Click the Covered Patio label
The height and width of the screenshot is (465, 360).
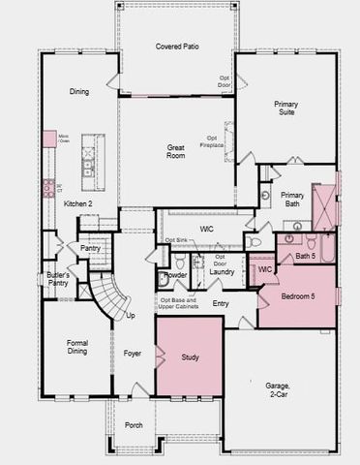pos(177,46)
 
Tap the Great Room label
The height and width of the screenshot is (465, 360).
pos(175,153)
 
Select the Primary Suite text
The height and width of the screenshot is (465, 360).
pos(285,108)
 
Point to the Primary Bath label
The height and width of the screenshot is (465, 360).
pos(292,200)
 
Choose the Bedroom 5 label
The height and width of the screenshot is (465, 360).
pos(297,295)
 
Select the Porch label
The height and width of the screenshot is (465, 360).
pos(134,424)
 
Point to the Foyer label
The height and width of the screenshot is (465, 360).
pos(133,354)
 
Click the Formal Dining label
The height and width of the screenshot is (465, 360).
pos(77,348)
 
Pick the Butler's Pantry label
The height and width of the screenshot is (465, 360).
pos(58,280)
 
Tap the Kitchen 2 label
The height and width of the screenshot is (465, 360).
pos(77,204)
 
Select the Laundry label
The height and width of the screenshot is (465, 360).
pos(223,273)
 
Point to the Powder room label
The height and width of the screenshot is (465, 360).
pos(175,274)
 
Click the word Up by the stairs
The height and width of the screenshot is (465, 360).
pos(132,316)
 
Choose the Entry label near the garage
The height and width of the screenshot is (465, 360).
pos(221,304)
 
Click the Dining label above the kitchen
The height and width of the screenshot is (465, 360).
pos(79,92)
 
